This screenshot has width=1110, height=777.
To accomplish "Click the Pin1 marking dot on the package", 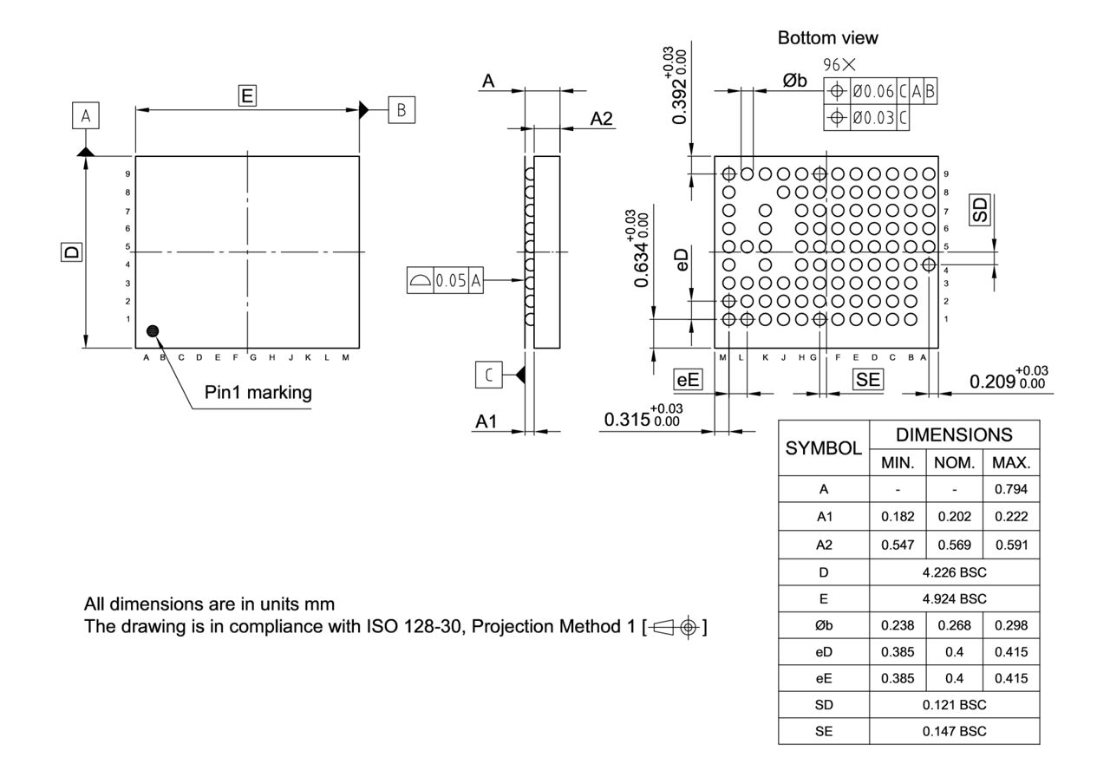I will (153, 330).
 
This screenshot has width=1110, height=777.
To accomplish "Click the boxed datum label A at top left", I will (85, 114).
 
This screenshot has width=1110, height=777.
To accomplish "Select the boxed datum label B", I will (401, 110).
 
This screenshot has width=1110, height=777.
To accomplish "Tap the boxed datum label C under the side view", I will (488, 375).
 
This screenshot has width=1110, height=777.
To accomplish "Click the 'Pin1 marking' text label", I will (258, 392).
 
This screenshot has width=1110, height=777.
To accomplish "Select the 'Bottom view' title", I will (827, 38).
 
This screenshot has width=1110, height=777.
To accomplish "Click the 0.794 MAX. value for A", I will (1010, 489).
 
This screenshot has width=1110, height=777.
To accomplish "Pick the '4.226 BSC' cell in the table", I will (954, 571).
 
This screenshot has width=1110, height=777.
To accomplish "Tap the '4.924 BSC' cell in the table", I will (954, 598).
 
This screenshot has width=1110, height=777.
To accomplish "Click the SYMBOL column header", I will (823, 448).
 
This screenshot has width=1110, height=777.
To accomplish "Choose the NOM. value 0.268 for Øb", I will (954, 625).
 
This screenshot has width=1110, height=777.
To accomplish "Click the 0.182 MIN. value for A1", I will (898, 517).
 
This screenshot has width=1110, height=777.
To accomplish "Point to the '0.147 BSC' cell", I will (954, 731).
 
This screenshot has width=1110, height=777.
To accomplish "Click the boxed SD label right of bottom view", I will (980, 210).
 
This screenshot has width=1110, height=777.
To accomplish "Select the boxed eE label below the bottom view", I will (688, 379).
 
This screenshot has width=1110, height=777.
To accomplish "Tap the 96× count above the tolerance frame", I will (839, 65).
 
